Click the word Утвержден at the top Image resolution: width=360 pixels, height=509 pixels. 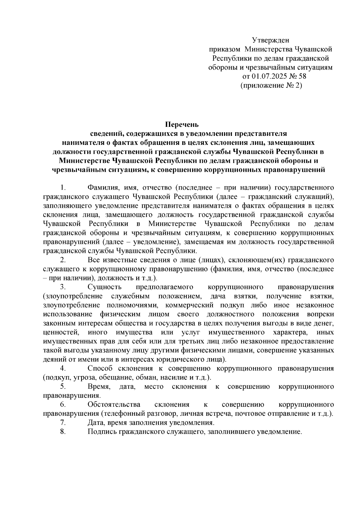270,40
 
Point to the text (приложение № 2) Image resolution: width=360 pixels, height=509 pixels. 271,85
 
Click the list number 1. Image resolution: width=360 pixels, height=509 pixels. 63,188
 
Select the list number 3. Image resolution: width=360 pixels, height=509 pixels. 63,287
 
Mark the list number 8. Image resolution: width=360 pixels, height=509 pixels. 63,432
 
